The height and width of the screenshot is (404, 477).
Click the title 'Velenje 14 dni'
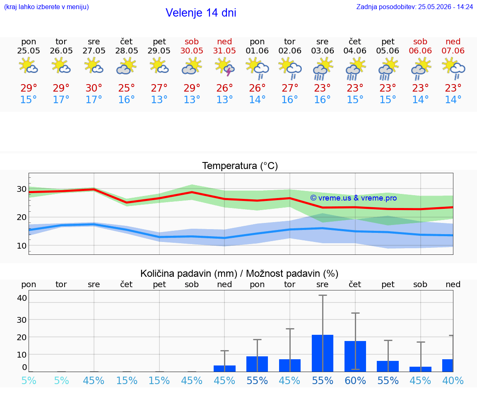click(201, 13)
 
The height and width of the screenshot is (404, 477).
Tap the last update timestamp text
click(414, 7)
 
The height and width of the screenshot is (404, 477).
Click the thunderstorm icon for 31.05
click(224, 67)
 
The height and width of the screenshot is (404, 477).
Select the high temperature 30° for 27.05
click(94, 88)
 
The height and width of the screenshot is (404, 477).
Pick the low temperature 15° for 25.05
click(28, 99)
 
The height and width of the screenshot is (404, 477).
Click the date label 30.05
click(192, 51)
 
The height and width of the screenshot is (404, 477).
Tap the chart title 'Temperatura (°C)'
click(240, 166)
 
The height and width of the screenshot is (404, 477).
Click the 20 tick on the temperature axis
click(22, 218)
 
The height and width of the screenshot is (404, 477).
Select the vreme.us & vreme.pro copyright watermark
click(354, 198)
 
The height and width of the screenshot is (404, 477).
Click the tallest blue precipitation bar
click(323, 353)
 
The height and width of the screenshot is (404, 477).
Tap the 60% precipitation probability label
click(355, 380)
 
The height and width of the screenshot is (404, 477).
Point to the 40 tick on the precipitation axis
click(22, 298)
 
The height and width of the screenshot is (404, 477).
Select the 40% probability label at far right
click(453, 380)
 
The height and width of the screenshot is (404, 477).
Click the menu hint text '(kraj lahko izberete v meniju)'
click(46, 7)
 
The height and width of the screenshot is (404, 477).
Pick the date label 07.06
click(453, 51)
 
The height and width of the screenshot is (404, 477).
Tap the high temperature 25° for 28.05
click(126, 88)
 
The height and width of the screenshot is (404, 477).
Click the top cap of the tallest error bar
click(323, 295)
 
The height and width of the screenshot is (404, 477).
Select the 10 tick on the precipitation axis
click(22, 354)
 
